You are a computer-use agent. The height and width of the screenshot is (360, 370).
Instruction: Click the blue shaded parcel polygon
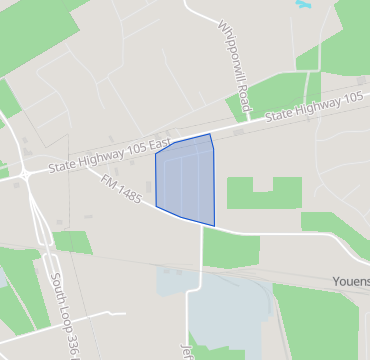click(185, 180)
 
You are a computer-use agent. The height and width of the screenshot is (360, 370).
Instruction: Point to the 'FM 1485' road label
click(121, 188)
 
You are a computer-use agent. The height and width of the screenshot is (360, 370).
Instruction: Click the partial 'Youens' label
click(351, 282)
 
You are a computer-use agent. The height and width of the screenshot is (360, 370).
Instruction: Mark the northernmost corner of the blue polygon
click(209, 134)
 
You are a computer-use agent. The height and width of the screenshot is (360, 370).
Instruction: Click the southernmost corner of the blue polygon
click(214, 226)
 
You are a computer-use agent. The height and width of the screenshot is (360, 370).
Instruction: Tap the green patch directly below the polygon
click(229, 247)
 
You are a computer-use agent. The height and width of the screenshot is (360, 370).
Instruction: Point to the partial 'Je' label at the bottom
click(185, 353)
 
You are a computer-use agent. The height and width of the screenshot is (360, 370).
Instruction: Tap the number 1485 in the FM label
click(127, 191)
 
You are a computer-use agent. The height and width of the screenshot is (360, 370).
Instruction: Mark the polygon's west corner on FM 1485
click(156, 206)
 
